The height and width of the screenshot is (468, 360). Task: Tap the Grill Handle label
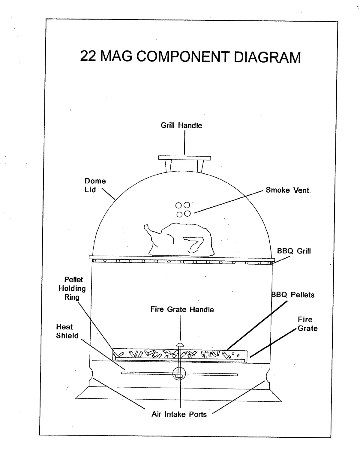click(x=181, y=125)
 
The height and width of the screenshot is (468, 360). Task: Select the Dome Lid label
click(x=95, y=185)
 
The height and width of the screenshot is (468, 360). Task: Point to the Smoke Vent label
click(x=288, y=190)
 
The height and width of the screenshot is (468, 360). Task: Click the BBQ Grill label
click(x=294, y=251)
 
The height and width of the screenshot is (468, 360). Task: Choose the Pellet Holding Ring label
click(x=72, y=288)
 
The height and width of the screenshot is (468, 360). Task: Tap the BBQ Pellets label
click(x=293, y=295)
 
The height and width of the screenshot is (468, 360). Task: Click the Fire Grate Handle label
click(x=182, y=309)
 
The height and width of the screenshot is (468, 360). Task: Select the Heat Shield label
click(x=67, y=331)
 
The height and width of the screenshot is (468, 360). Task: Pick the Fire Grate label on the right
click(x=307, y=324)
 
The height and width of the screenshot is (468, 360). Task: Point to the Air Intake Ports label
click(x=179, y=414)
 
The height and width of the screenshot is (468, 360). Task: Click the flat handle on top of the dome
click(x=184, y=158)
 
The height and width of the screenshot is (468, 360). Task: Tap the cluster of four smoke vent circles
click(x=183, y=209)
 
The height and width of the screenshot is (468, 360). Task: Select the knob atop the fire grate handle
click(x=180, y=345)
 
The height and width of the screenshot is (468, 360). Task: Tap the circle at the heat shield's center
click(x=179, y=374)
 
